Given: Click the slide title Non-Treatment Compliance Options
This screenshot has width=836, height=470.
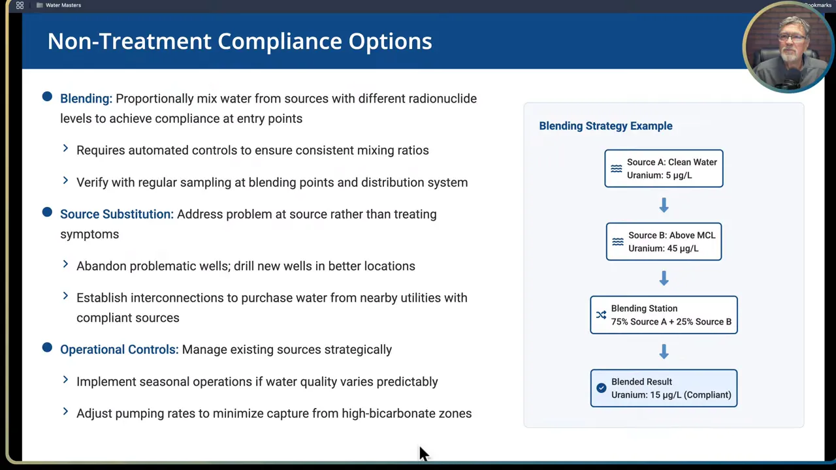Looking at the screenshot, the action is coord(240,41).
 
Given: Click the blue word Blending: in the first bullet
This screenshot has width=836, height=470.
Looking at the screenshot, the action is coord(86,99).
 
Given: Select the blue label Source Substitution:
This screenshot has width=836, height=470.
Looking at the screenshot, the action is coord(117,215).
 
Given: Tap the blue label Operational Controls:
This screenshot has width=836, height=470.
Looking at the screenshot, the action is coord(120,350).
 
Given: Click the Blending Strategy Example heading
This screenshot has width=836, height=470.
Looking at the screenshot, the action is coord(605,126).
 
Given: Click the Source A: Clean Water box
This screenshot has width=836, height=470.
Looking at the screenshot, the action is coord(664,168).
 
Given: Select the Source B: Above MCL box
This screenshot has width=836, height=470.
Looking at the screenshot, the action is coord(664,242).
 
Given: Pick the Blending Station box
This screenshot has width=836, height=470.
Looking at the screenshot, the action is coord(664,315).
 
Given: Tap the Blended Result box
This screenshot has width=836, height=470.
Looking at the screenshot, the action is coord(664,388).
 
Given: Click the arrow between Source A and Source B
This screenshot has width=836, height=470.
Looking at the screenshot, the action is coord(664,205).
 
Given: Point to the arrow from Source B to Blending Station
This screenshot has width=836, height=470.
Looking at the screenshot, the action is coord(664,278).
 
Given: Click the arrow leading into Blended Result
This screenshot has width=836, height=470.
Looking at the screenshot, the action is coord(664,351).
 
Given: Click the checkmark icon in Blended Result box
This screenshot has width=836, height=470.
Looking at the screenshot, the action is coord(602,388).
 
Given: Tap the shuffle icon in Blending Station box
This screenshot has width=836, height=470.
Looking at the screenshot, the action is coord(601,315).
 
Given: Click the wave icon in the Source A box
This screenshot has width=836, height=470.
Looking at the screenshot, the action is coord(616,169).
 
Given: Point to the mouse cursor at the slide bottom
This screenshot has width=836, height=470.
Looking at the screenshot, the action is coord(423,454).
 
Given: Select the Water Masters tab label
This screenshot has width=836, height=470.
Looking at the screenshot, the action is coord(63,5).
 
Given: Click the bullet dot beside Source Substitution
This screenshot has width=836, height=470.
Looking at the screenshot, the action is coord(47,212).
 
